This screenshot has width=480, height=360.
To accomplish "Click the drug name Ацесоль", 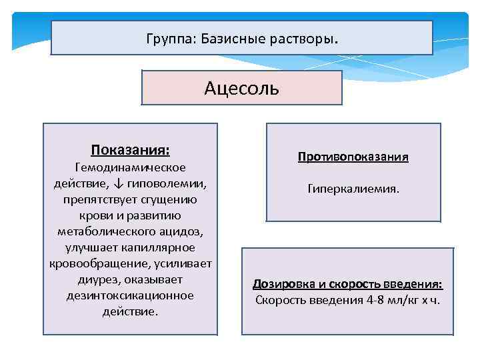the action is pos(241,88).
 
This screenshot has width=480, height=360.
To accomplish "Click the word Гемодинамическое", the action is pos(131,167).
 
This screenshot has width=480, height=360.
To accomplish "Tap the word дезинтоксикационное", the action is pos(131,295).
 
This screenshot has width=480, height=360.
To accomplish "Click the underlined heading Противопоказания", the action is pos(353,157).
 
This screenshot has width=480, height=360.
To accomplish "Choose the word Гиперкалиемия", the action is pos(353,189).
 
